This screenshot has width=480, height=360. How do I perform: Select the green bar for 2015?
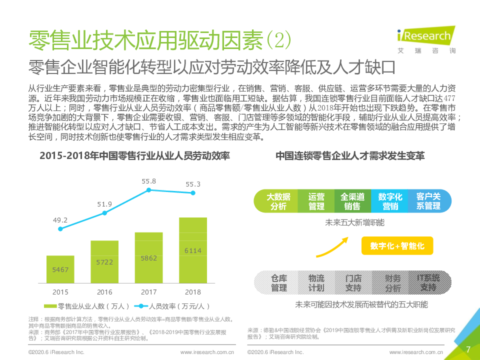pos(60,269)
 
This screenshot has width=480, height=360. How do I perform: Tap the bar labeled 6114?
pos(193,250)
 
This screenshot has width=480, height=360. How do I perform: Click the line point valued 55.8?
pos(148,190)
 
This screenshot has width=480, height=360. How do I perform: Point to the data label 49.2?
pos(60,219)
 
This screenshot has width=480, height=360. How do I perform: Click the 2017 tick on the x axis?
pos(148,292)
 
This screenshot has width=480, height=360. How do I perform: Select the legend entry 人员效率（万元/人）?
pos(172,306)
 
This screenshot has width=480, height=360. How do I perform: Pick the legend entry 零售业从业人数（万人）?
pos(87,306)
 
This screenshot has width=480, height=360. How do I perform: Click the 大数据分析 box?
pos(278,201)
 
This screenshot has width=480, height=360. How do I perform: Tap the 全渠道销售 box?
pos(352,201)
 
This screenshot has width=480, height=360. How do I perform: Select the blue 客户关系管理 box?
pos(428,201)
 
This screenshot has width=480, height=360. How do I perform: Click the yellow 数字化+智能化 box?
pos(397,246)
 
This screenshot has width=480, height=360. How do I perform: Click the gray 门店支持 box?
pos(353,283)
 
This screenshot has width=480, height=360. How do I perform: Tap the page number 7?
pos(468,349)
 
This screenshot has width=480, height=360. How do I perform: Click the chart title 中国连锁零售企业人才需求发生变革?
pos(350,156)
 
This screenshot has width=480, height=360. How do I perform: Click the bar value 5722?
pos(104,262)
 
